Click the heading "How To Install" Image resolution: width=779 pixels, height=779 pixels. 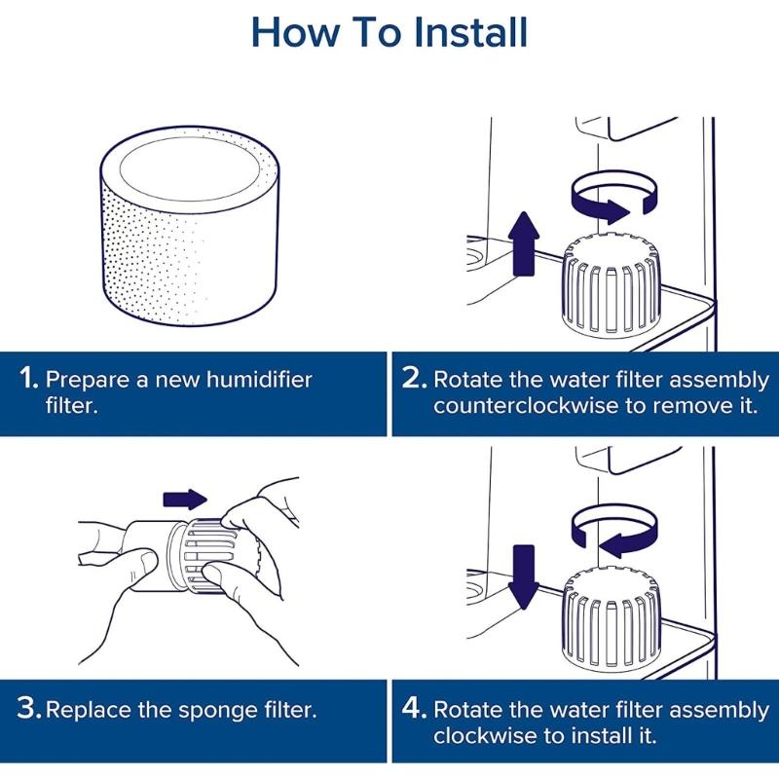[x=389, y=32]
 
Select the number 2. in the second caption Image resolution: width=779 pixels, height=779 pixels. [x=413, y=379]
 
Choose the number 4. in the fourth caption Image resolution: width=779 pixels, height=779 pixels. [x=413, y=709]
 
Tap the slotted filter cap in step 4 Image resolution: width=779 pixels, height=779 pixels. [x=610, y=613]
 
